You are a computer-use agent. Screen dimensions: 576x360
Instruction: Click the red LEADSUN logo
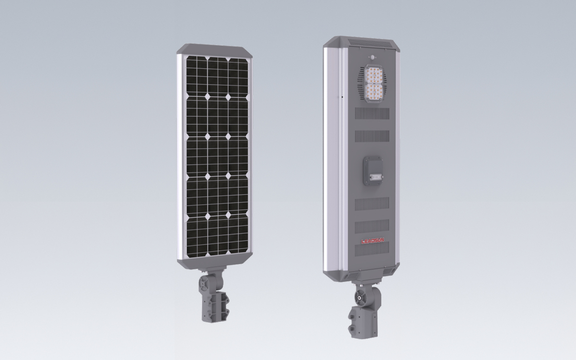[372, 240]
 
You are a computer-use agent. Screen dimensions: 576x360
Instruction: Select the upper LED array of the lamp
[374, 75]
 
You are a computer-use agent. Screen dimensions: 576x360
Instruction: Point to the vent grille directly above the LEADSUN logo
[372, 227]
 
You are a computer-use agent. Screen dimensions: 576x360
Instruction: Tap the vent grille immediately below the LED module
[372, 114]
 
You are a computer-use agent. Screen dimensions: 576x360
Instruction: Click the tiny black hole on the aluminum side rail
[342, 97]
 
